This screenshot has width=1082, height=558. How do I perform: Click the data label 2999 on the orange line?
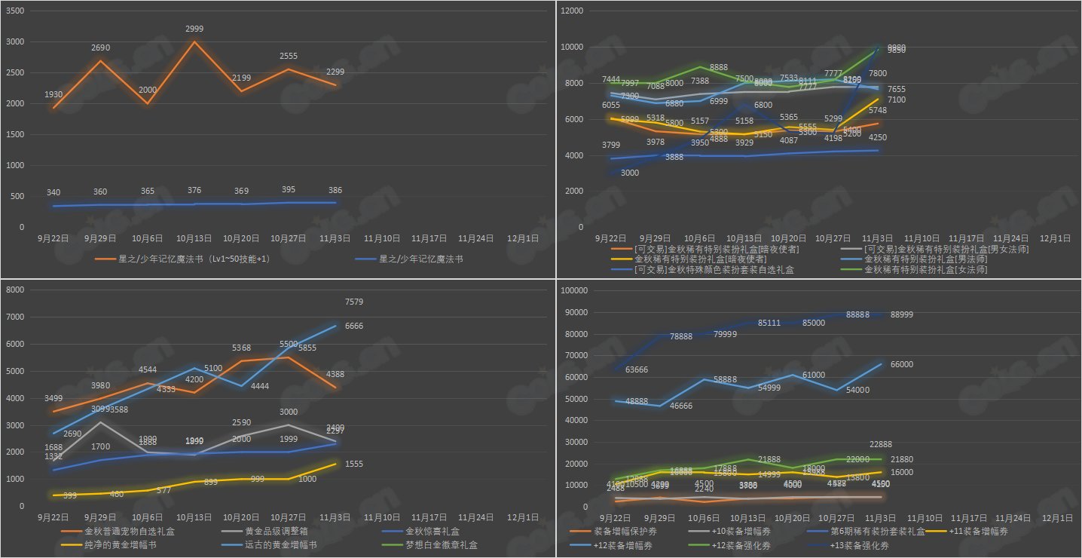click(194, 29)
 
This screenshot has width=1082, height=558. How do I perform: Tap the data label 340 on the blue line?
click(53, 192)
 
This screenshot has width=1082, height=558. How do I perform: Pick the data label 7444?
click(611, 79)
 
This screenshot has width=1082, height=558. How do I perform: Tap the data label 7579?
click(354, 302)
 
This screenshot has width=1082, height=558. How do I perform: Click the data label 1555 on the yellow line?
click(354, 464)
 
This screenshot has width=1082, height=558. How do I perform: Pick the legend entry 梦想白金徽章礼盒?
click(438, 544)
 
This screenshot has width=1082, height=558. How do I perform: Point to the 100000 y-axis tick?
click(576, 290)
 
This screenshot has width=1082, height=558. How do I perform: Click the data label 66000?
click(901, 364)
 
